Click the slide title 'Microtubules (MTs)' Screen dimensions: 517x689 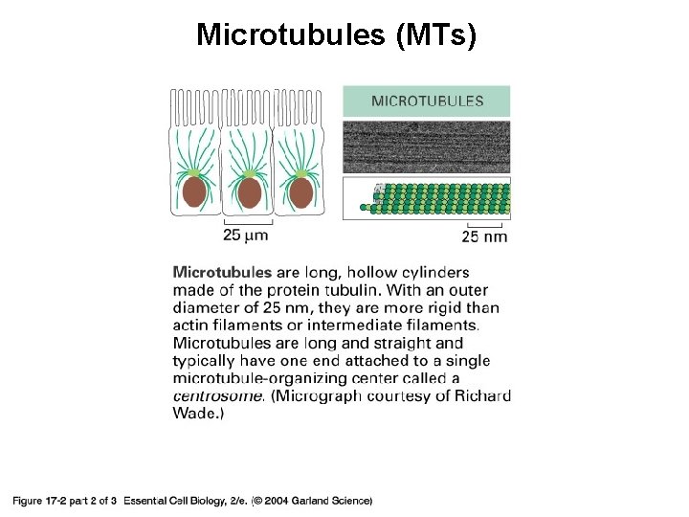point(336,34)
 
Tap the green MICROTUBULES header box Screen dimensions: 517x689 point(426,101)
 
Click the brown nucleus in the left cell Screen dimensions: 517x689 point(195,191)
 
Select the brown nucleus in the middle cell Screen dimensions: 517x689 point(249,192)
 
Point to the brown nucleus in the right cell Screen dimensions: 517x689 point(301,191)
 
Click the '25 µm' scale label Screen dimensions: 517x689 point(245,235)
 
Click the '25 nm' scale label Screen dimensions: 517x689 point(484,236)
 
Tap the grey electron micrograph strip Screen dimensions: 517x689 point(426,146)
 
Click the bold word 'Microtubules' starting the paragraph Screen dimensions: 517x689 point(222,273)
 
